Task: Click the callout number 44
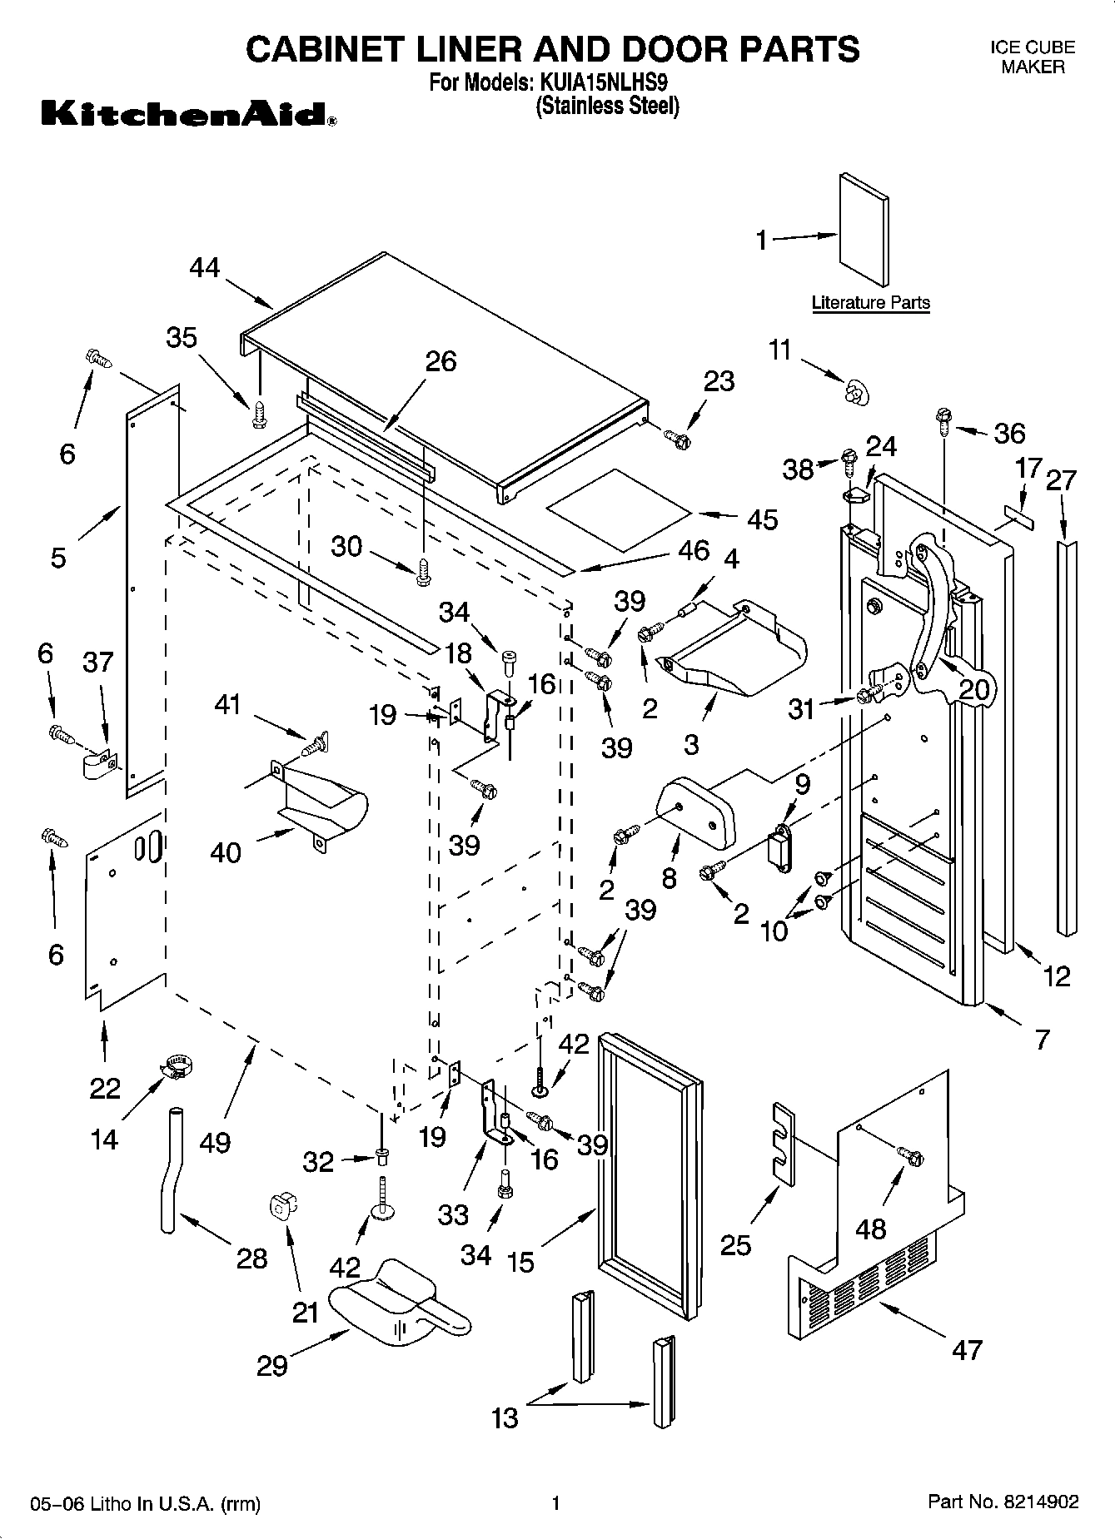pos(204,268)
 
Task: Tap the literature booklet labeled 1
pos(864,230)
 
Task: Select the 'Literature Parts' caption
pos(870,303)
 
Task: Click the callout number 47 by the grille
pos(966,1349)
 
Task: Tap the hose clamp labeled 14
pos(175,1066)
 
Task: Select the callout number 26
pos(441,361)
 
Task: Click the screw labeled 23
pos(677,438)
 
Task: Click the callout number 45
pos(762,519)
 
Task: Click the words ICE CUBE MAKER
pos(1032,57)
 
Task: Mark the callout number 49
pos(215,1143)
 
